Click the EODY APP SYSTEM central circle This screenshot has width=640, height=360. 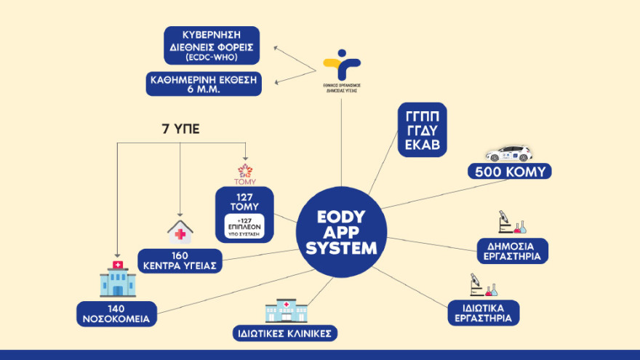tap(341, 232)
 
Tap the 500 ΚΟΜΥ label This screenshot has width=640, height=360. tap(509, 172)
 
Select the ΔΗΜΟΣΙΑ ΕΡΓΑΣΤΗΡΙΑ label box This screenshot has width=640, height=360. tap(513, 251)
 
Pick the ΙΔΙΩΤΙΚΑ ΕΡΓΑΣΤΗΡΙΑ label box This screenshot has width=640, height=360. tap(483, 312)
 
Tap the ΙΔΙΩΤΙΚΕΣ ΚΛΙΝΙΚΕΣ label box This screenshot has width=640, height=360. tap(285, 334)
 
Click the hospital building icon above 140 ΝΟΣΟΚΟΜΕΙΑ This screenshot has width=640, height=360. tap(118, 278)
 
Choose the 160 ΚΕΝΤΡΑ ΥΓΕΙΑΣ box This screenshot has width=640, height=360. tap(180, 260)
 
